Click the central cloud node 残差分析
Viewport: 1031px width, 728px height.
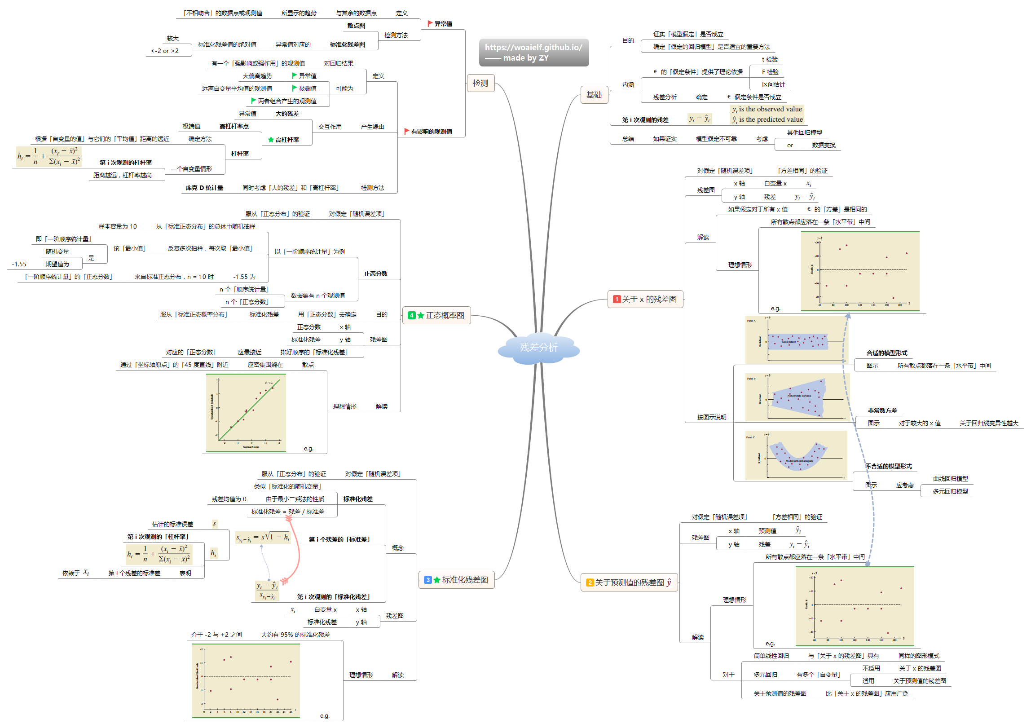point(538,348)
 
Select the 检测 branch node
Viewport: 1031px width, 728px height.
point(480,83)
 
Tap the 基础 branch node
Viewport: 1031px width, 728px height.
point(594,95)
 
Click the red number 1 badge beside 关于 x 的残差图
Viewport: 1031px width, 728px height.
point(617,299)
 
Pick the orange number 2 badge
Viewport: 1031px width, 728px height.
point(590,582)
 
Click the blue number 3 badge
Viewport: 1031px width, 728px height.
point(428,580)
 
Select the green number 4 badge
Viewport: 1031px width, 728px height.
point(411,315)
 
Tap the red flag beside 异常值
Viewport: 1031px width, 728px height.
point(430,23)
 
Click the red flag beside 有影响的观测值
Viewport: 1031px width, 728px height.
point(406,131)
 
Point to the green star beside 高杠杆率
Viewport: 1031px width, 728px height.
point(271,140)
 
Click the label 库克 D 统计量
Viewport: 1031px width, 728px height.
point(204,188)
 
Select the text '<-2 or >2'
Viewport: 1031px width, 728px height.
point(164,51)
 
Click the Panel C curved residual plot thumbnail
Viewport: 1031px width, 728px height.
point(796,455)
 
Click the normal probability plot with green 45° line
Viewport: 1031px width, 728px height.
point(246,413)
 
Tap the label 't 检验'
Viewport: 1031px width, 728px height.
point(769,59)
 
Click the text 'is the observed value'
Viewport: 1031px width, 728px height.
point(770,109)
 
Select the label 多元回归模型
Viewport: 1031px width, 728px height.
point(950,491)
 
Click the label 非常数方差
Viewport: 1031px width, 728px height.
point(882,410)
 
